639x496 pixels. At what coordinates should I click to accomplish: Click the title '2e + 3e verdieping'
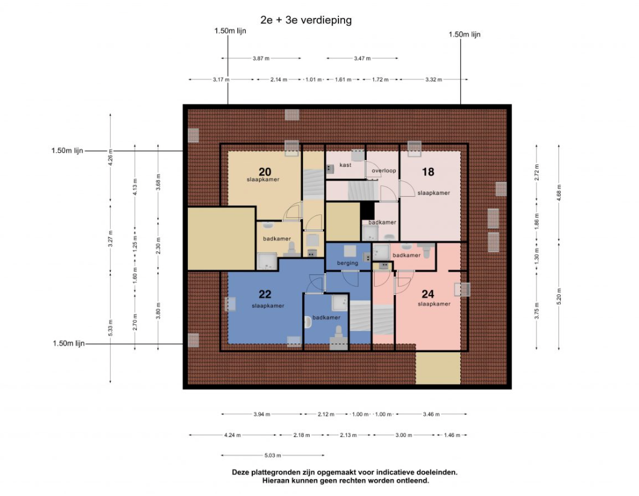click(306, 20)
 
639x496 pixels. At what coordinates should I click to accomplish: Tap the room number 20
click(265, 172)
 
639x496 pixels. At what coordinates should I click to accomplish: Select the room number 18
click(428, 172)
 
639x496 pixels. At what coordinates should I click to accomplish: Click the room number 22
click(265, 294)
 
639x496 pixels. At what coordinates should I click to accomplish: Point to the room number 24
click(428, 294)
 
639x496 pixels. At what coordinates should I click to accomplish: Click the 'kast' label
click(345, 165)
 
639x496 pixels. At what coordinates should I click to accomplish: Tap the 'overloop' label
click(384, 170)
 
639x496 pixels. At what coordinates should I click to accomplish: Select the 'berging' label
click(348, 263)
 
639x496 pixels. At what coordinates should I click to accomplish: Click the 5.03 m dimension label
click(273, 455)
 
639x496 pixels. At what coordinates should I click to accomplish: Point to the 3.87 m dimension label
click(261, 58)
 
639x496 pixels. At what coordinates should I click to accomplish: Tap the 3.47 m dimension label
click(363, 58)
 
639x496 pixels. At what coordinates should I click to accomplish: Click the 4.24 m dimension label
click(232, 435)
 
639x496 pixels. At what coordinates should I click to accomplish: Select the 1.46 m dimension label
click(452, 435)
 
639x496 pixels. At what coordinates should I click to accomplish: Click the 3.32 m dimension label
click(434, 79)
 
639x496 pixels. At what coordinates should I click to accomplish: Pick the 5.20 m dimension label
click(559, 296)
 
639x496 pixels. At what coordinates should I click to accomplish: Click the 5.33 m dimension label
click(110, 328)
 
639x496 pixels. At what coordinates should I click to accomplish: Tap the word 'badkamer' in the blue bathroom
click(326, 317)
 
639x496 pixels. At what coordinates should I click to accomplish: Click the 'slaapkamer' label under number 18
click(434, 193)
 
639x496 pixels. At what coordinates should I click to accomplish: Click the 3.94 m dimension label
click(261, 414)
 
